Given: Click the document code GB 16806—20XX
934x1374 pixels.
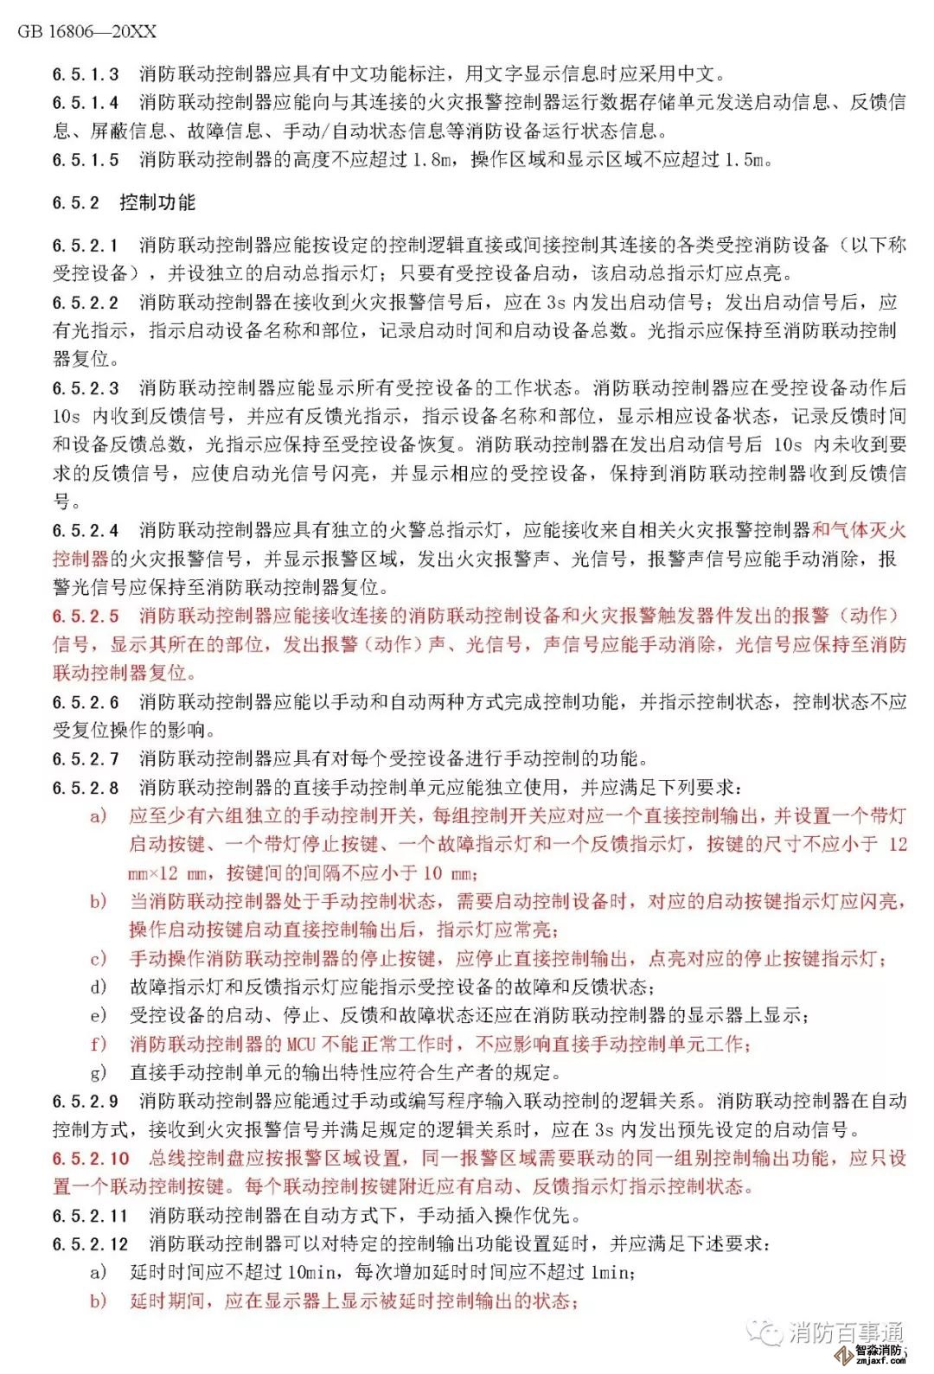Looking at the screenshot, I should click(87, 32).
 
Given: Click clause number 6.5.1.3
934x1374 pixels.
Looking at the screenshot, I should click(86, 74).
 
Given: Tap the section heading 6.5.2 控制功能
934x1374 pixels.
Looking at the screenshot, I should click(124, 202).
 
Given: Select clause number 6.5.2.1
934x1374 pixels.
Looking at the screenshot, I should click(86, 246).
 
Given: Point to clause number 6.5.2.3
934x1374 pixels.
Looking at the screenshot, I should click(86, 388).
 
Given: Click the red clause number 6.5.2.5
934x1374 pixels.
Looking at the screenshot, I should click(86, 617).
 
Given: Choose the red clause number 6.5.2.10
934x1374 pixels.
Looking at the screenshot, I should click(91, 1159).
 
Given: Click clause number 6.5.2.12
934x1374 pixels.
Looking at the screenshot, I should click(91, 1244).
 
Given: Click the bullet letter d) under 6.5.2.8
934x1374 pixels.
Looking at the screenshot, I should click(99, 987).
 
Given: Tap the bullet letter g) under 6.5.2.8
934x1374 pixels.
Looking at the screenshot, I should click(99, 1073).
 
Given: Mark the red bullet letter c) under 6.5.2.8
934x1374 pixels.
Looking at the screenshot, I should click(99, 959).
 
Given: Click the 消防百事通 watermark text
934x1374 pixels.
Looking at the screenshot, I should click(846, 1332).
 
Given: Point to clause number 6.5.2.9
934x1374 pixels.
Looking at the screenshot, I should click(86, 1102).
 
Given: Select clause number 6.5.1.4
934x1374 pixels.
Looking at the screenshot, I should click(86, 103).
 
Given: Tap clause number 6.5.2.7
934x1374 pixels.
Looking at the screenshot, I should click(86, 759).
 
